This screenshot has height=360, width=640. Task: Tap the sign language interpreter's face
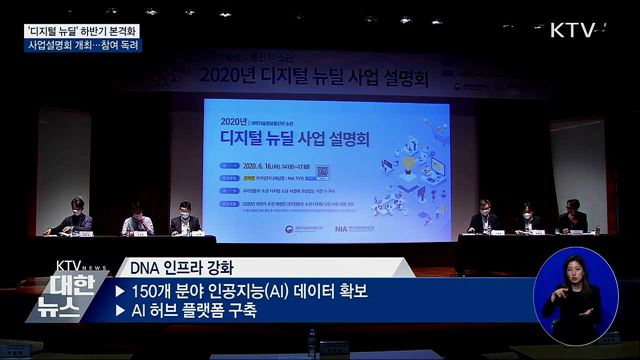pyautogui.click(x=577, y=273)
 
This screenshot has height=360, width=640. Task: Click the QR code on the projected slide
pyautogui.click(x=322, y=170)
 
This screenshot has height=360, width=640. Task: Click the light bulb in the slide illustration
pyautogui.click(x=410, y=159)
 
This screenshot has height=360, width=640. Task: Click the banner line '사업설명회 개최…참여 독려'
pyautogui.click(x=83, y=45)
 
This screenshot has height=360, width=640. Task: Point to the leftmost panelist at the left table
pyautogui.click(x=77, y=216)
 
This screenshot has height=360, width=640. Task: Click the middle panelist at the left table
pyautogui.click(x=136, y=218)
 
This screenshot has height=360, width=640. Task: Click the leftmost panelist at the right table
pyautogui.click(x=485, y=216)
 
